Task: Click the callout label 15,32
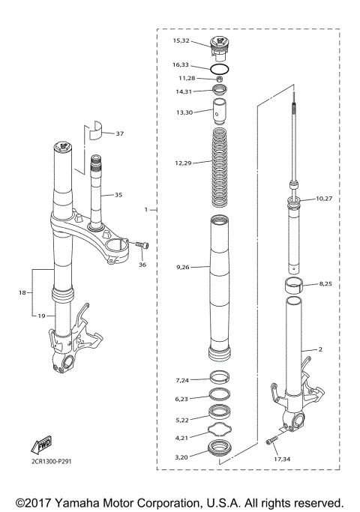tap(181, 40)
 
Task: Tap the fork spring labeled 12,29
tap(220, 166)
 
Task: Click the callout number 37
tap(120, 133)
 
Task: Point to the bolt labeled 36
tap(142, 245)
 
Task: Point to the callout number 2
tap(320, 350)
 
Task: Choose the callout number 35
tap(117, 195)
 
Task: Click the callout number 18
tap(22, 292)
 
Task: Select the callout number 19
tap(41, 316)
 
